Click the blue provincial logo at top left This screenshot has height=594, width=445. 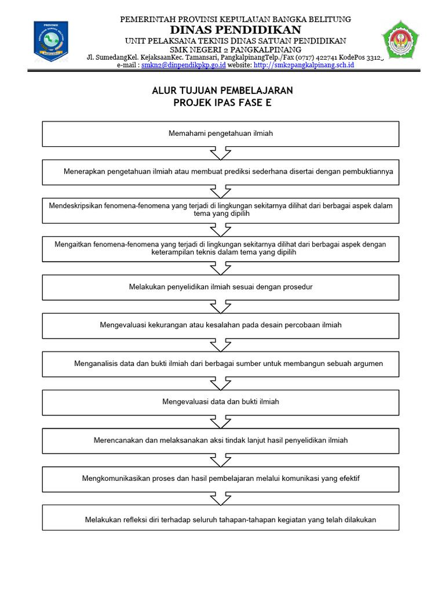click(x=51, y=41)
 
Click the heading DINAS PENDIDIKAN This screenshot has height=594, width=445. click(x=235, y=30)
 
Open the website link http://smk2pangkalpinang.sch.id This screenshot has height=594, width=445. click(x=304, y=66)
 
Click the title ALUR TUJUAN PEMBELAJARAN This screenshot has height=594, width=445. click(x=222, y=90)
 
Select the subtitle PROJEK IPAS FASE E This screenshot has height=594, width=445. click(x=222, y=103)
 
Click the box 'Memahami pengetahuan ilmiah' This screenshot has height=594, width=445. click(x=221, y=133)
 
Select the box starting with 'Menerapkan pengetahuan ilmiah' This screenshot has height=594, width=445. click(x=221, y=172)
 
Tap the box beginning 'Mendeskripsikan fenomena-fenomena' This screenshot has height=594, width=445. click(x=221, y=210)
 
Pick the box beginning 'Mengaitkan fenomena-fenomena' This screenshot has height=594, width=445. click(x=221, y=248)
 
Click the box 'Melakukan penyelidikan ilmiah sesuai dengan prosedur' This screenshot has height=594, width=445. click(x=221, y=287)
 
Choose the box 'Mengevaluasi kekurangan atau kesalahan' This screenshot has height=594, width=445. click(x=221, y=325)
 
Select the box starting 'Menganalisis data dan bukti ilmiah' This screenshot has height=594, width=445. click(x=221, y=364)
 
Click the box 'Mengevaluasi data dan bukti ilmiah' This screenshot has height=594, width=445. click(x=221, y=401)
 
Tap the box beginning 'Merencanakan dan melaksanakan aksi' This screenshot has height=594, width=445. click(x=221, y=440)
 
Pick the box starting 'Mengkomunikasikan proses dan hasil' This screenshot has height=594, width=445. click(x=221, y=479)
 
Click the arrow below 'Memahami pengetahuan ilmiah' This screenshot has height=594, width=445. click(x=221, y=153)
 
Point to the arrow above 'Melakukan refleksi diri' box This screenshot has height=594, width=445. click(x=221, y=498)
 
